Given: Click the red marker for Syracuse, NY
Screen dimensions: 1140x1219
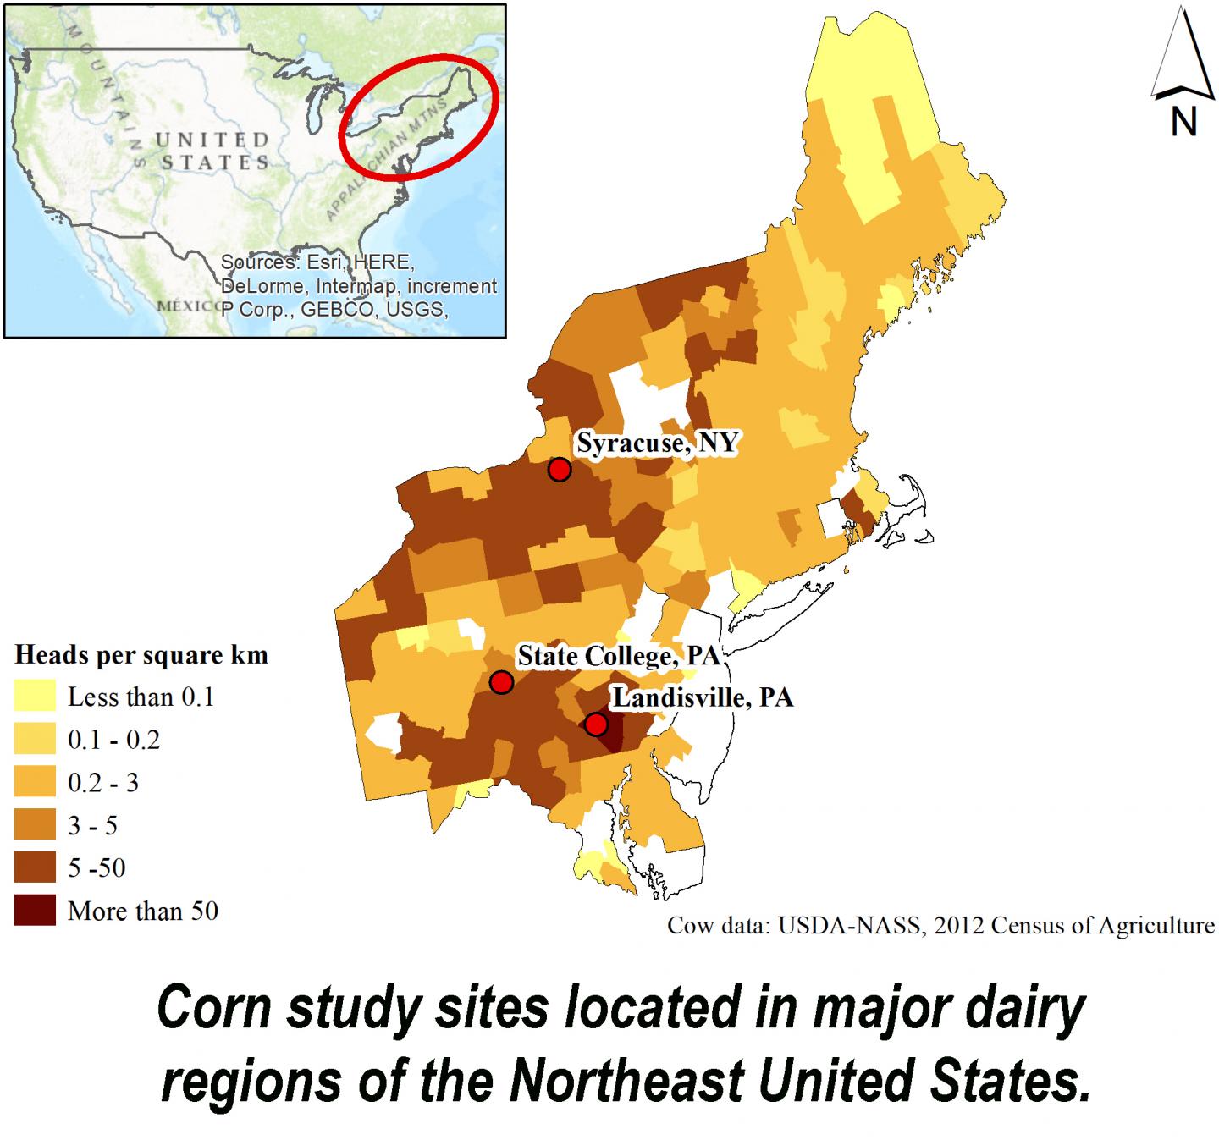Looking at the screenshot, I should pos(559,469).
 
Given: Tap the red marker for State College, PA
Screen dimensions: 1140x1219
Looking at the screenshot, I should pos(501,682).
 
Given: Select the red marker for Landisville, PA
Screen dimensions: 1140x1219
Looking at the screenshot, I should pos(596,724).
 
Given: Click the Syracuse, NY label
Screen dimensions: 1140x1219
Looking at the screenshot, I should pos(657,443).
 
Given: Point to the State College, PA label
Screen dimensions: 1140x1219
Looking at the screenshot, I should pos(618,656).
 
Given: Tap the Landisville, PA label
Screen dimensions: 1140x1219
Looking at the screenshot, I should pos(703,698).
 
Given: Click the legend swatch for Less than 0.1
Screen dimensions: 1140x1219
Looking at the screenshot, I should pos(35,697).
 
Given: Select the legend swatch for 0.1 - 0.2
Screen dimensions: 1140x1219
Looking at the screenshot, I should pos(35,740).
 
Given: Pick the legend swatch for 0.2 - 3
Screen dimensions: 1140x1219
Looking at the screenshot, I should pos(35,782).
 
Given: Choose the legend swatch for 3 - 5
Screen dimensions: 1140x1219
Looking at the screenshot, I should pos(35,825).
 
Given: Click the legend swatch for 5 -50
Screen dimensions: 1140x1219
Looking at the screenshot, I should pos(35,867).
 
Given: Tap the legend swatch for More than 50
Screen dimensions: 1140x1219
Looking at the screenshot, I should pos(35,911).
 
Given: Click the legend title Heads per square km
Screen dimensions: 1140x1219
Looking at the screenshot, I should pos(141,654).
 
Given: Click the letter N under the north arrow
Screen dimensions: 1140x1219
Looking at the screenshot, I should pos(1183,123).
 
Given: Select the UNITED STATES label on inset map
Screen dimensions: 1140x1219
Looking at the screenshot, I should pos(212,151).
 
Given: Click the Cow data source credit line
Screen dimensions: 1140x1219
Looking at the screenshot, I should pos(940,925).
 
